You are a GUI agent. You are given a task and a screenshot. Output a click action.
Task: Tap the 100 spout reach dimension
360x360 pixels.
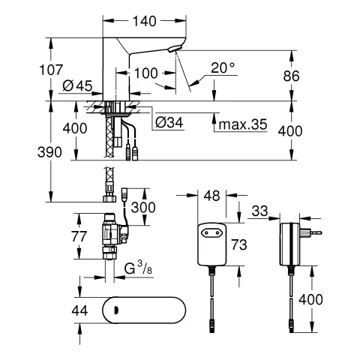pyautogui.click(x=147, y=73)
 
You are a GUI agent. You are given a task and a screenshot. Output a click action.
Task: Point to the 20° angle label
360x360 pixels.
pyautogui.click(x=223, y=68)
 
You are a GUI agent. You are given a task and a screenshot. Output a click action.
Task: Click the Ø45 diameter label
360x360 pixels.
pyautogui.click(x=79, y=85)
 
